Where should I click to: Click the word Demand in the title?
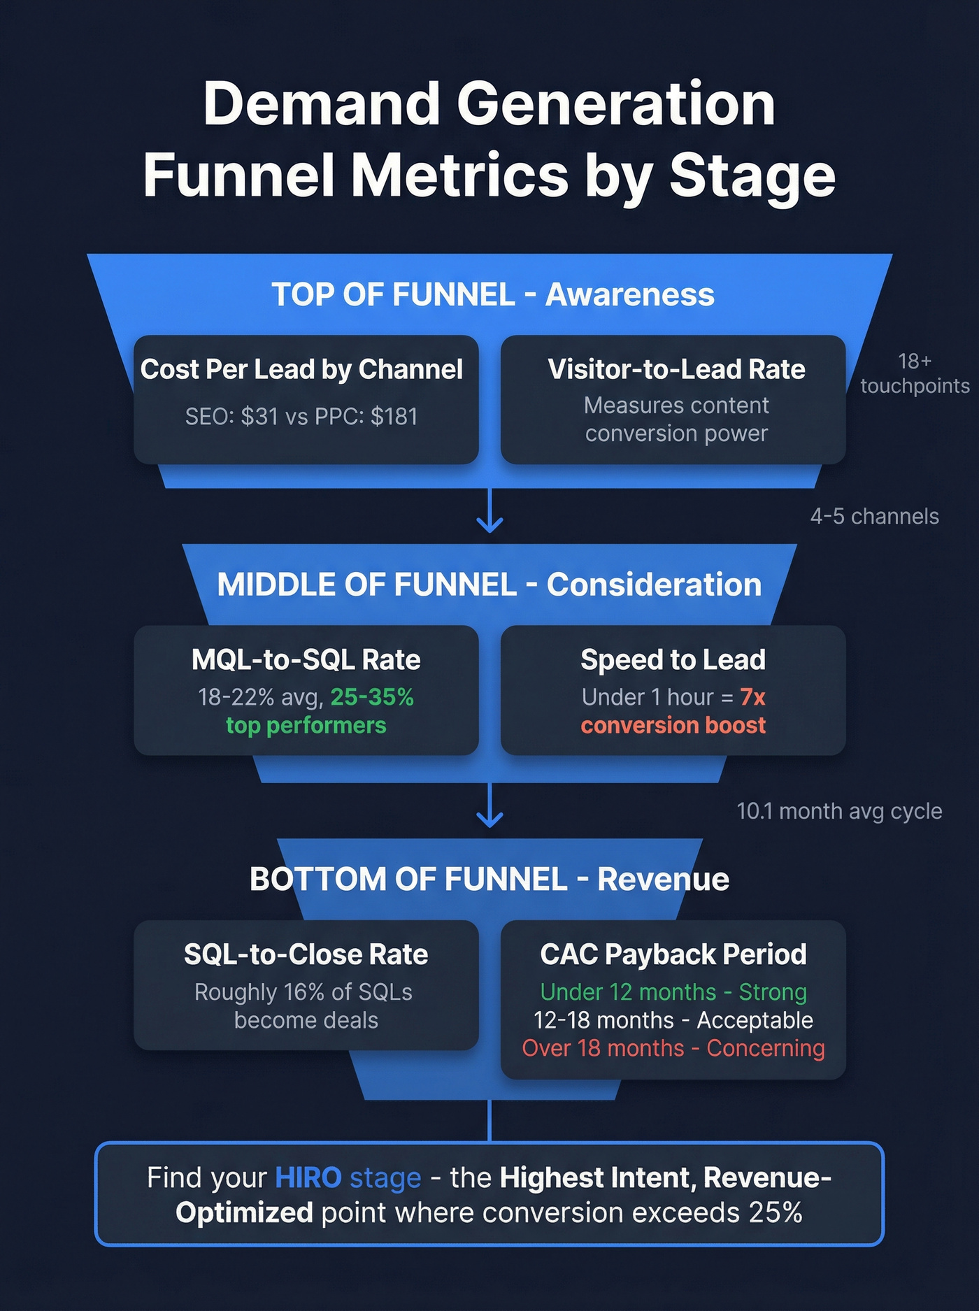[322, 105]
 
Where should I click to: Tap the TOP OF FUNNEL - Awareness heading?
[492, 294]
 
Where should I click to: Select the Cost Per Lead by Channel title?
[301, 369]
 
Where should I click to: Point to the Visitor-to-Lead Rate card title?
[676, 369]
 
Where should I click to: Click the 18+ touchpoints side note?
[914, 373]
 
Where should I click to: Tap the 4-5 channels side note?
[874, 517]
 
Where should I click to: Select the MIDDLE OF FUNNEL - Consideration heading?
[489, 585]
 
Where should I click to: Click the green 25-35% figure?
[372, 697]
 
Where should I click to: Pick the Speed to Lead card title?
[673, 660]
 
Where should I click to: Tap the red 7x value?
[753, 697]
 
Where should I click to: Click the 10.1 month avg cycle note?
[839, 811]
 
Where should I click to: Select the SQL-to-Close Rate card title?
[306, 954]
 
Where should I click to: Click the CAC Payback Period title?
[673, 954]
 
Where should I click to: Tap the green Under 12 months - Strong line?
[673, 992]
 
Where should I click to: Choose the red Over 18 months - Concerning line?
[673, 1048]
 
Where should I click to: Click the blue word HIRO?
[308, 1178]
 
